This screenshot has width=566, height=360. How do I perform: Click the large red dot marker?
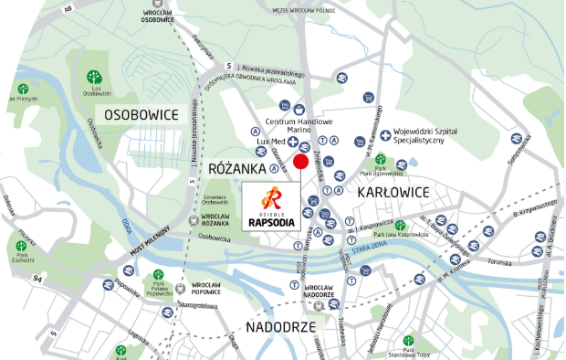(x=300, y=163)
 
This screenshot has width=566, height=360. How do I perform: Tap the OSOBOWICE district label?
(x=141, y=114)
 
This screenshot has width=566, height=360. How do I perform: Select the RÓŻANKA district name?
(x=237, y=169)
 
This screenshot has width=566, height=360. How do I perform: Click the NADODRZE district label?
(x=281, y=326)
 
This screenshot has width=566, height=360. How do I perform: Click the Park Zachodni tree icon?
(x=21, y=246)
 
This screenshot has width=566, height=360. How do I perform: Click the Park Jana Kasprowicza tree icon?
(x=400, y=225)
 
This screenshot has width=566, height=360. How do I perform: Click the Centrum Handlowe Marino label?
(x=299, y=126)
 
